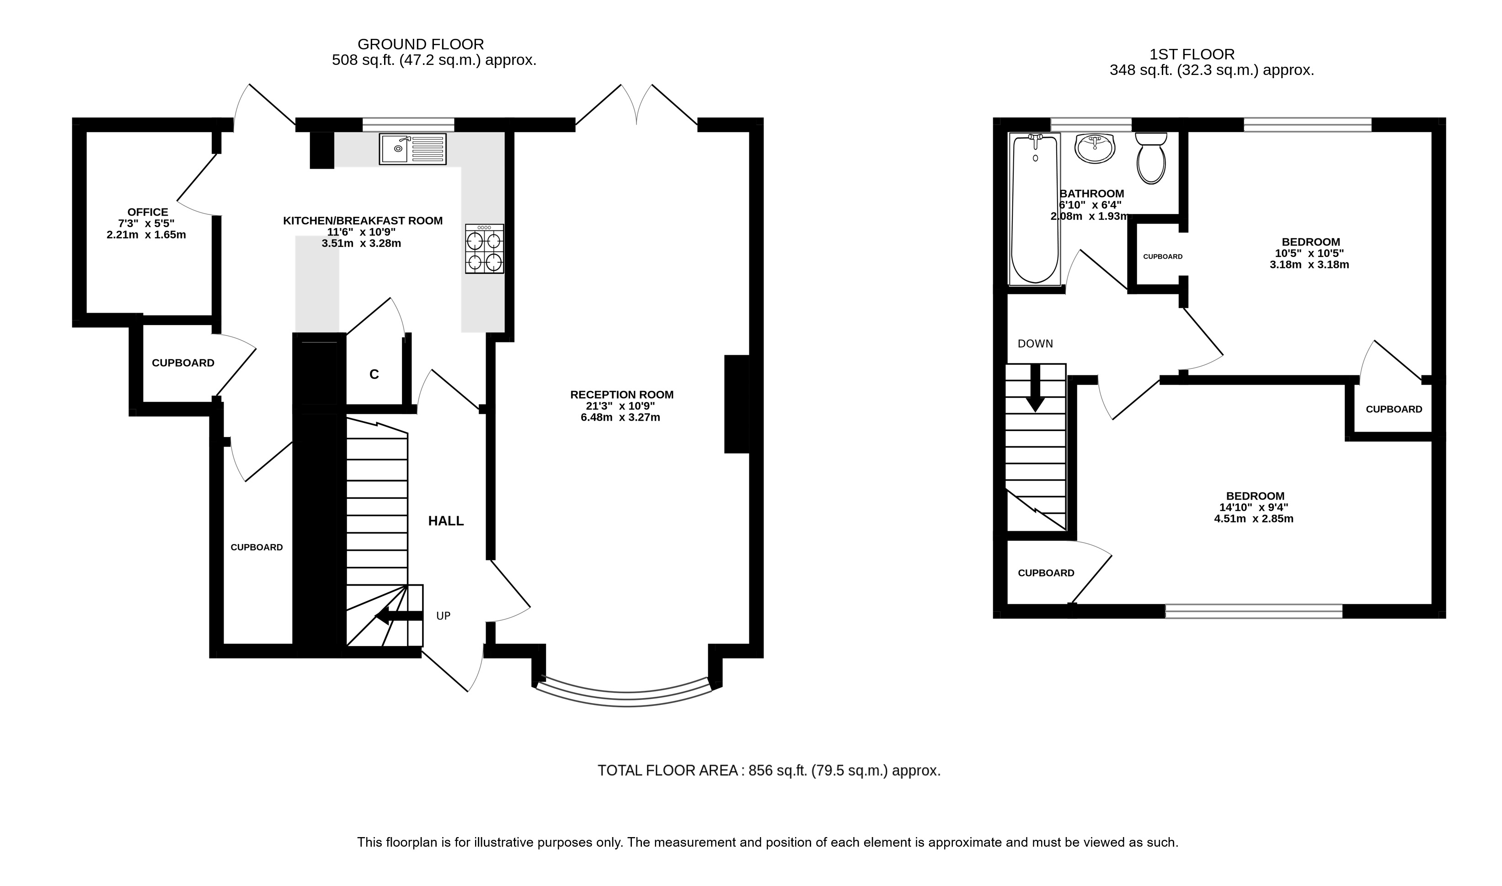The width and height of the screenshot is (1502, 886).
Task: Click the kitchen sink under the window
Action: (x=412, y=149)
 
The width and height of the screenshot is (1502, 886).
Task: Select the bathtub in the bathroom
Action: (x=1035, y=209)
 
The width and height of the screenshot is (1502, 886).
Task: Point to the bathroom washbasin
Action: (x=1095, y=148)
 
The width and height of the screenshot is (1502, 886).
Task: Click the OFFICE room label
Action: (x=147, y=212)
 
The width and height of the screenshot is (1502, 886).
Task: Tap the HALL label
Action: (x=446, y=521)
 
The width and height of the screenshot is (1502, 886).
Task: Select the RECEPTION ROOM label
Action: (x=621, y=395)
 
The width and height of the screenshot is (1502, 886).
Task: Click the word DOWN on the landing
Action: (x=1035, y=344)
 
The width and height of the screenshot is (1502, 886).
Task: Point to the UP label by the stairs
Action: (x=443, y=615)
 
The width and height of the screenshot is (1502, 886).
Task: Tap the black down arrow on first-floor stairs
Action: (x=1035, y=388)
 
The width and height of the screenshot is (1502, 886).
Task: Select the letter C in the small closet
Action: (x=374, y=374)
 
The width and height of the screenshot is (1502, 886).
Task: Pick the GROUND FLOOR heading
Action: (x=420, y=44)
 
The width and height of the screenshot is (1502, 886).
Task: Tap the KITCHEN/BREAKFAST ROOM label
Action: (x=363, y=221)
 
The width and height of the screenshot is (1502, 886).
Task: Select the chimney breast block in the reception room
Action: (x=737, y=404)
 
